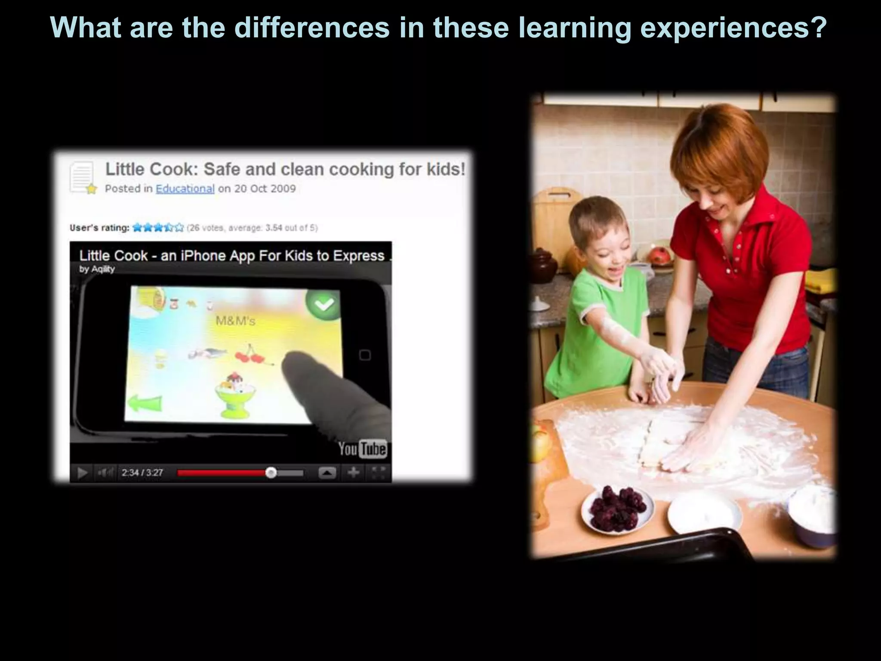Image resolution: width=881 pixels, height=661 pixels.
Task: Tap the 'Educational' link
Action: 185,188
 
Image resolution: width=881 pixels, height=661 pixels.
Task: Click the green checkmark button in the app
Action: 323,305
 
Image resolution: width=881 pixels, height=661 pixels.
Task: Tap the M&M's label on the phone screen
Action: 235,321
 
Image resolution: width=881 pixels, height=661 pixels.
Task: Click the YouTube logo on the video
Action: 362,449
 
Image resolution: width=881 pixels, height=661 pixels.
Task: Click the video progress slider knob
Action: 271,473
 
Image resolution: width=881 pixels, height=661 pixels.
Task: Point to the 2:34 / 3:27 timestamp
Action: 142,473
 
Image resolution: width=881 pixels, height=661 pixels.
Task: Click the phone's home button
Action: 365,355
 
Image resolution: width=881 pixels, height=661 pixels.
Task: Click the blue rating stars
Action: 158,227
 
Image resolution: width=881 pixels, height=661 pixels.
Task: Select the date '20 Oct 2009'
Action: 265,188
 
